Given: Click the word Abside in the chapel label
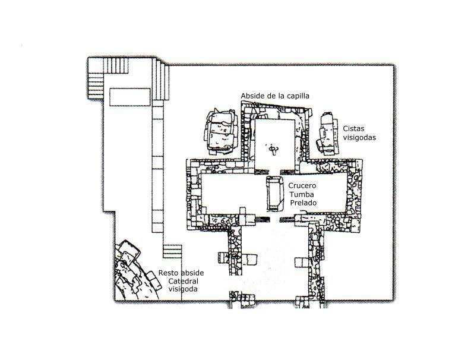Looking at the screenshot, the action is pos(252,96).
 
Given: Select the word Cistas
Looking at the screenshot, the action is pos(353,128).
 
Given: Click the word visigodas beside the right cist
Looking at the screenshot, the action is pos(359,138).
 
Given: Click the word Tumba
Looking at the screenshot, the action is pos(302,194).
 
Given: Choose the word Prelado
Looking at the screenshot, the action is pos(303,203).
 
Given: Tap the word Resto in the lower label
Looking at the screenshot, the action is pos(168,273).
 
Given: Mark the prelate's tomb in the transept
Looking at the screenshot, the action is pos(275,194).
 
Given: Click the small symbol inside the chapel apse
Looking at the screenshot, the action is pos(273,149).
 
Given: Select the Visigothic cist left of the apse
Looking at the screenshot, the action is pos(221,132).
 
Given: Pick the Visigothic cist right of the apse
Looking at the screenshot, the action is pos(327,134).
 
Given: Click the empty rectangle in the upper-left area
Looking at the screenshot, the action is pos(130,97).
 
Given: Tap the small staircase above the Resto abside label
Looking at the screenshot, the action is pos(172,251).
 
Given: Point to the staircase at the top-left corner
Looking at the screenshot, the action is pos(108,78).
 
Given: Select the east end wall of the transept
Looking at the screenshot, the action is pos(355,195).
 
